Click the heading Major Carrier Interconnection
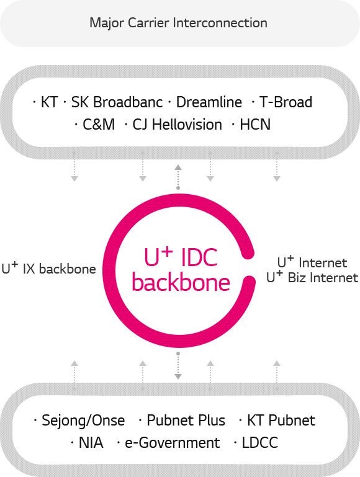coord(178,23)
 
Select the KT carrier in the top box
coord(49,102)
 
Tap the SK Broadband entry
coord(117,102)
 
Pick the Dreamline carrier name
coord(209,102)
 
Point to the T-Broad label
coord(286,102)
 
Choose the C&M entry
coord(99,125)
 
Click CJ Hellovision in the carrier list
coord(177,125)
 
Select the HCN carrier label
coord(255,125)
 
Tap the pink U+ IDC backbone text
coord(181,270)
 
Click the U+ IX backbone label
coord(48,269)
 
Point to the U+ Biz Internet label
coord(312,277)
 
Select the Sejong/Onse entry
coord(83,421)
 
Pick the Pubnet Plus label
coord(186,421)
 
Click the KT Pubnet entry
coord(281,421)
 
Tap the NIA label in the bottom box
coord(91,443)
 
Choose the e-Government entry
coord(172,443)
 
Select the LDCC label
coord(260,443)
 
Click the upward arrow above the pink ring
coord(178,177)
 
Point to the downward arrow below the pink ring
coord(178,366)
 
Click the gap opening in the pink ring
coord(250,267)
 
